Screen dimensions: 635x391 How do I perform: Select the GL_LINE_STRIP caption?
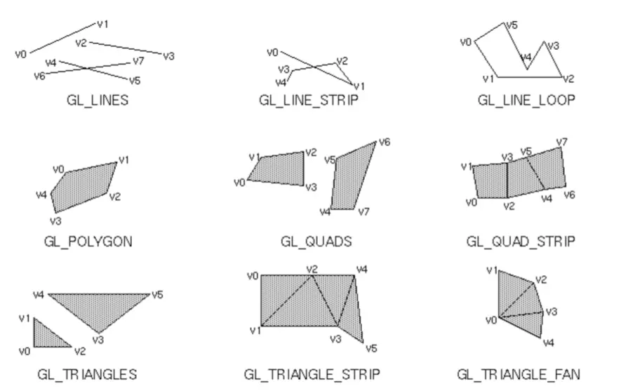coord(309,100)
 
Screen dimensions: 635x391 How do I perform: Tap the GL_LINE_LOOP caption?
coord(526,100)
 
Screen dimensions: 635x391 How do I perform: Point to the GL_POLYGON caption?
coord(88,241)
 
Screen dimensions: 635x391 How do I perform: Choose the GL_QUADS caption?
coord(316,241)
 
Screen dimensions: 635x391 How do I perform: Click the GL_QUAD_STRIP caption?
coord(521,241)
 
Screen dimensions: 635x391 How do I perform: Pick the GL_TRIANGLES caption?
coord(88,373)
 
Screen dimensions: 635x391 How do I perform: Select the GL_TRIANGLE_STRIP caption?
coord(312,373)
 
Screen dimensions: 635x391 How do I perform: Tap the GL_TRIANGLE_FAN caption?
coord(519,373)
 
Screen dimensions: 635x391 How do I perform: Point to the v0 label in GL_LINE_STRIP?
coord(272,52)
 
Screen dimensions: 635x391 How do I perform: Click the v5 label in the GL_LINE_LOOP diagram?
coord(512,25)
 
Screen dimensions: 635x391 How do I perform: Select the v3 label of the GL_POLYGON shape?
coord(55,220)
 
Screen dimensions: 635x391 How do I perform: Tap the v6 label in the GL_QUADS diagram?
coord(384,143)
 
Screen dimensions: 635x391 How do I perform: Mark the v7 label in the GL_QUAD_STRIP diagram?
coord(561,143)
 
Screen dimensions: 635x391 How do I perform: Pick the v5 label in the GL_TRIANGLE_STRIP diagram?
coord(371,348)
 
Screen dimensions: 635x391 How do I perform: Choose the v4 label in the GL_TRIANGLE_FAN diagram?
coord(549,343)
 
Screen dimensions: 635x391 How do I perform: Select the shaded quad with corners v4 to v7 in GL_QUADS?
coord(351,179)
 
